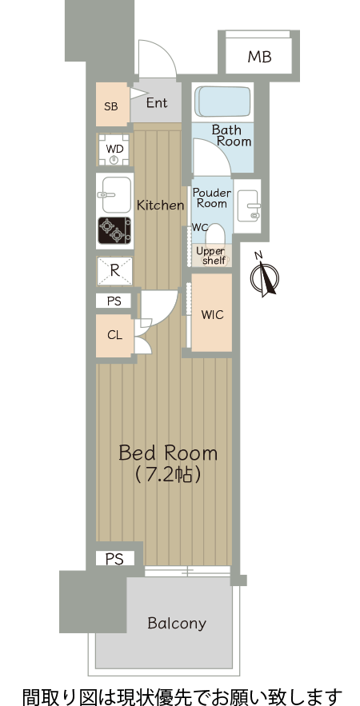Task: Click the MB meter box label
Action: [x=259, y=58]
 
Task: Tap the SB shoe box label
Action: [x=111, y=106]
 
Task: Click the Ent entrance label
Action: [x=157, y=102]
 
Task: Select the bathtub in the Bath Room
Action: [x=223, y=102]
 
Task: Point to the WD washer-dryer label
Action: [x=114, y=148]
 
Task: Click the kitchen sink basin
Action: [x=116, y=194]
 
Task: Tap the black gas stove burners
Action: [x=114, y=230]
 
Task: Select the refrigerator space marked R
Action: [x=115, y=270]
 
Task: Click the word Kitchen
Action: [x=161, y=205]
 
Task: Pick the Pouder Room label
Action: [x=212, y=198]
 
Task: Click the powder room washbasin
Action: [x=247, y=205]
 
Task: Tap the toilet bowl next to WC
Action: [x=215, y=234]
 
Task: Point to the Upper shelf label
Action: [x=210, y=256]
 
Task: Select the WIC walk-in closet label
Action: [x=212, y=315]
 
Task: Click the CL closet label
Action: [x=114, y=335]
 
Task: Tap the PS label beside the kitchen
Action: [x=114, y=301]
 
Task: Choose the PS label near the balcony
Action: [x=114, y=559]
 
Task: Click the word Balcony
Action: [x=177, y=624]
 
